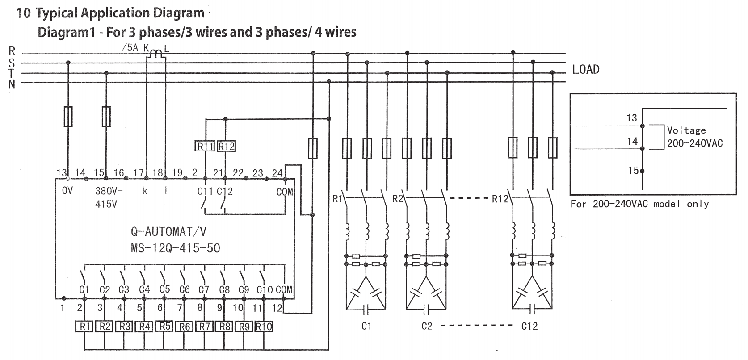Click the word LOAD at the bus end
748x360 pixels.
click(x=585, y=70)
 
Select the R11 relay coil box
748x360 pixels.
click(x=205, y=147)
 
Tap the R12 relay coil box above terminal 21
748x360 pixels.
click(x=226, y=147)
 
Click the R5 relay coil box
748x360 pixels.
click(x=165, y=326)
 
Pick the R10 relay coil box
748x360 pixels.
click(x=264, y=327)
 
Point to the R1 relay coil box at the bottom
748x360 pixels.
click(x=84, y=327)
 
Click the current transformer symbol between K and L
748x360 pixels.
click(x=155, y=54)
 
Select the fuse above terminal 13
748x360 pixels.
click(x=68, y=117)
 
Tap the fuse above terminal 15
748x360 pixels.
click(x=106, y=117)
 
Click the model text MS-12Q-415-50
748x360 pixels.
click(x=175, y=248)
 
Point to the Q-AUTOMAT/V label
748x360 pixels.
click(x=168, y=231)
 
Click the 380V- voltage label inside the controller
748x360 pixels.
click(x=109, y=191)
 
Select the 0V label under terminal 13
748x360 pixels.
click(x=67, y=191)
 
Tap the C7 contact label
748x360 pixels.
click(x=204, y=290)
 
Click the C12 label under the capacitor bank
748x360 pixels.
click(x=529, y=327)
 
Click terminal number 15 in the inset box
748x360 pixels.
click(x=633, y=170)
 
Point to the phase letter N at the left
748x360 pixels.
click(x=12, y=84)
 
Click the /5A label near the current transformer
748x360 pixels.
click(x=130, y=48)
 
